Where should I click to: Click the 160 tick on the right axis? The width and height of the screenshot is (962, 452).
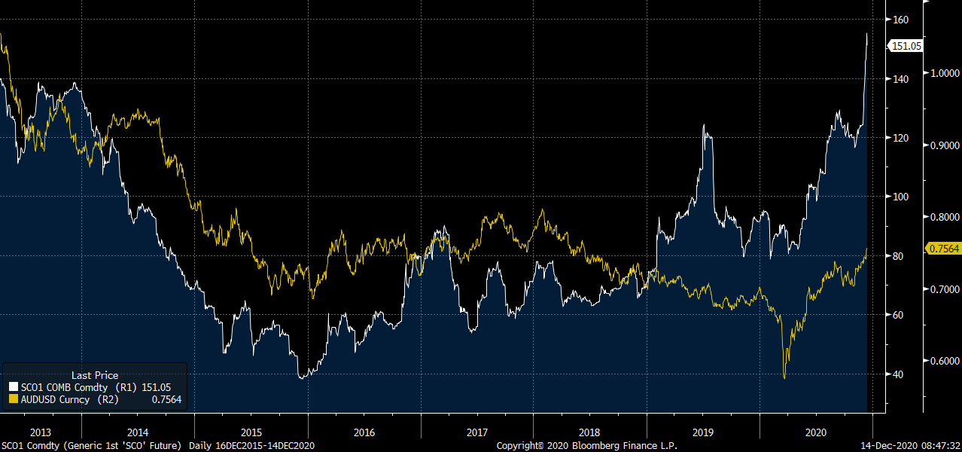[900, 20]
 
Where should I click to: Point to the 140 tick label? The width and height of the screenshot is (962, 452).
[900, 78]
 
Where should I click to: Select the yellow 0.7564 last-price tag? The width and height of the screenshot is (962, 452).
[943, 249]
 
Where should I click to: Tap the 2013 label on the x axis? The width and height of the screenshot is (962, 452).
[41, 432]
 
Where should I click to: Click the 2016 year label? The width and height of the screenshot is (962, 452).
[364, 432]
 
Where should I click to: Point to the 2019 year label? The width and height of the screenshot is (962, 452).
[702, 432]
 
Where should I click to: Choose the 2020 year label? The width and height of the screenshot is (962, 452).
[815, 432]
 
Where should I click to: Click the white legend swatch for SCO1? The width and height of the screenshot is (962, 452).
[13, 387]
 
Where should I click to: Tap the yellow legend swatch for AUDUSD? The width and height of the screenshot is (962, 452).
[13, 399]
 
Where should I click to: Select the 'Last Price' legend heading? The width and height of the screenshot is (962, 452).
[95, 375]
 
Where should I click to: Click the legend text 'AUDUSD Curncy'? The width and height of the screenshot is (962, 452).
[55, 399]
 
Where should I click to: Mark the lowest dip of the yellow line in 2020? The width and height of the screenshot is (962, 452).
[784, 378]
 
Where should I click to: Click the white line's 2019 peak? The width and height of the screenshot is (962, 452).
[705, 125]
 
